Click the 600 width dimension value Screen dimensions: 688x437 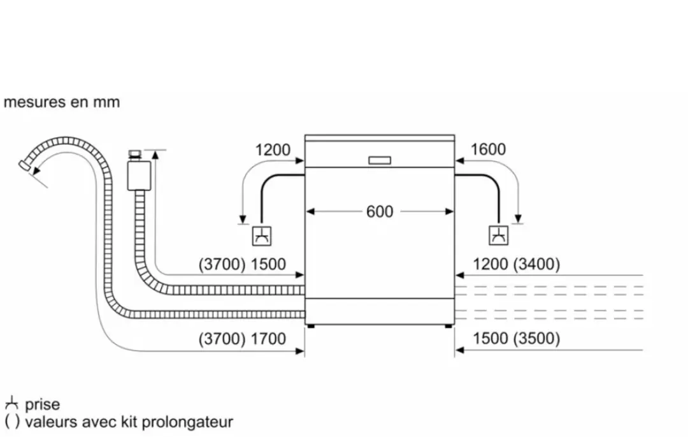pyautogui.click(x=380, y=212)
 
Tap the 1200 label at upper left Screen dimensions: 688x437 pyautogui.click(x=273, y=150)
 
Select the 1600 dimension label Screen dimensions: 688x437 pyautogui.click(x=488, y=149)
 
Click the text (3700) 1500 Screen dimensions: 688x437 pyautogui.click(x=242, y=264)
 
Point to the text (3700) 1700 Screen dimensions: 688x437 pyautogui.click(x=242, y=339)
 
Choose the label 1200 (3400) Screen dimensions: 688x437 pyautogui.click(x=516, y=264)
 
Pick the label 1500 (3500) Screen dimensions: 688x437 pyautogui.click(x=516, y=339)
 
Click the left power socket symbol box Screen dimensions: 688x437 pyautogui.click(x=262, y=236)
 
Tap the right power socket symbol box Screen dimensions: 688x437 pyautogui.click(x=498, y=235)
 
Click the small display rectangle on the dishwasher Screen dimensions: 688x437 pyautogui.click(x=380, y=160)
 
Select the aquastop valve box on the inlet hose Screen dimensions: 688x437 pyautogui.click(x=139, y=175)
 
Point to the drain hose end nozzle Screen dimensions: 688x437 pyautogui.click(x=25, y=166)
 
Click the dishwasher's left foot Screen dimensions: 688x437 pyautogui.click(x=311, y=327)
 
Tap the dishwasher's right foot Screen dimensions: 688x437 pyautogui.click(x=448, y=327)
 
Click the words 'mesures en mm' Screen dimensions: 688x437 pyautogui.click(x=61, y=102)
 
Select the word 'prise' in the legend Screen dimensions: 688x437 pyautogui.click(x=42, y=404)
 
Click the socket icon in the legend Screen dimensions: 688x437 pyautogui.click(x=11, y=403)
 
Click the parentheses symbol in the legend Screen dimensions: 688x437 pyautogui.click(x=12, y=422)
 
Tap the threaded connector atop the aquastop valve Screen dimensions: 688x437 pyautogui.click(x=135, y=155)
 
